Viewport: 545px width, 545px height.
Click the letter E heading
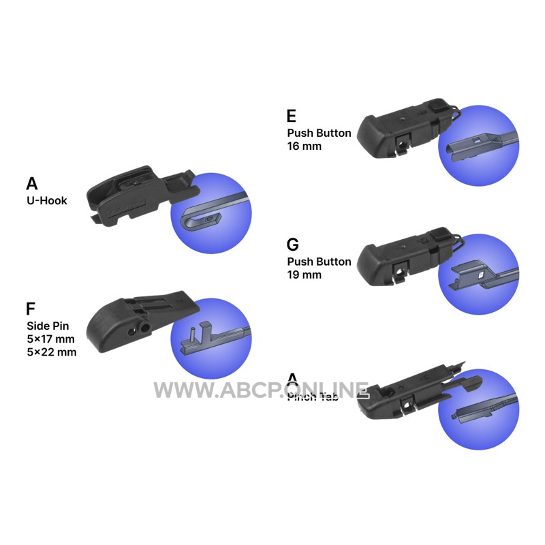tap(292, 116)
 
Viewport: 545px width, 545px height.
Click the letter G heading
tap(293, 245)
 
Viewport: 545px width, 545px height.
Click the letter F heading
tap(31, 309)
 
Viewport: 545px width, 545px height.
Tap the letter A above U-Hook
tap(32, 183)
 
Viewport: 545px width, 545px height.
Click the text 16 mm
tap(304, 146)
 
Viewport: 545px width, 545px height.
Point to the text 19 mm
tap(304, 275)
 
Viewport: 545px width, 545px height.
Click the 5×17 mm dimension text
tap(51, 339)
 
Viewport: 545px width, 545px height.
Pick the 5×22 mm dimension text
tap(51, 352)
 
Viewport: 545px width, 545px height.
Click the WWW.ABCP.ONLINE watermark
tap(261, 390)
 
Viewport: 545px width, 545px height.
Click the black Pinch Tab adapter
tap(409, 395)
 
